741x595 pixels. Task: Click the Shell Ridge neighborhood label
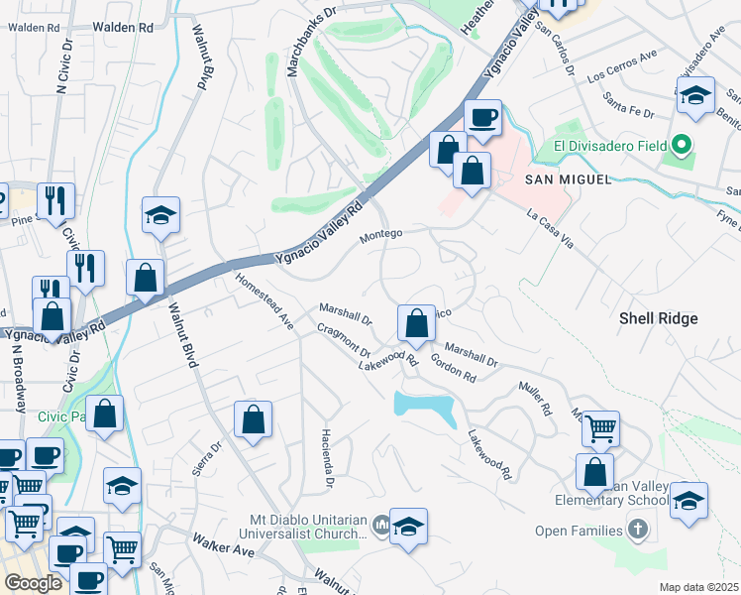click(659, 318)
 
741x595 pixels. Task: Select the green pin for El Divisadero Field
click(681, 147)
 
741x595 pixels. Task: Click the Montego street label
click(380, 234)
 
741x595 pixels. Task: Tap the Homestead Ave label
click(265, 302)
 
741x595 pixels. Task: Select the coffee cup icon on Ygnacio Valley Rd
click(482, 118)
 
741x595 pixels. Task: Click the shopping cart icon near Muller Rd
click(600, 428)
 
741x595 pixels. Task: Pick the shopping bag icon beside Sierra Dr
click(254, 418)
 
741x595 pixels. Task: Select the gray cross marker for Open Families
click(636, 530)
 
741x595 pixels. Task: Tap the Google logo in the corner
click(34, 583)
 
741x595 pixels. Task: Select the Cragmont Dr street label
click(344, 340)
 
